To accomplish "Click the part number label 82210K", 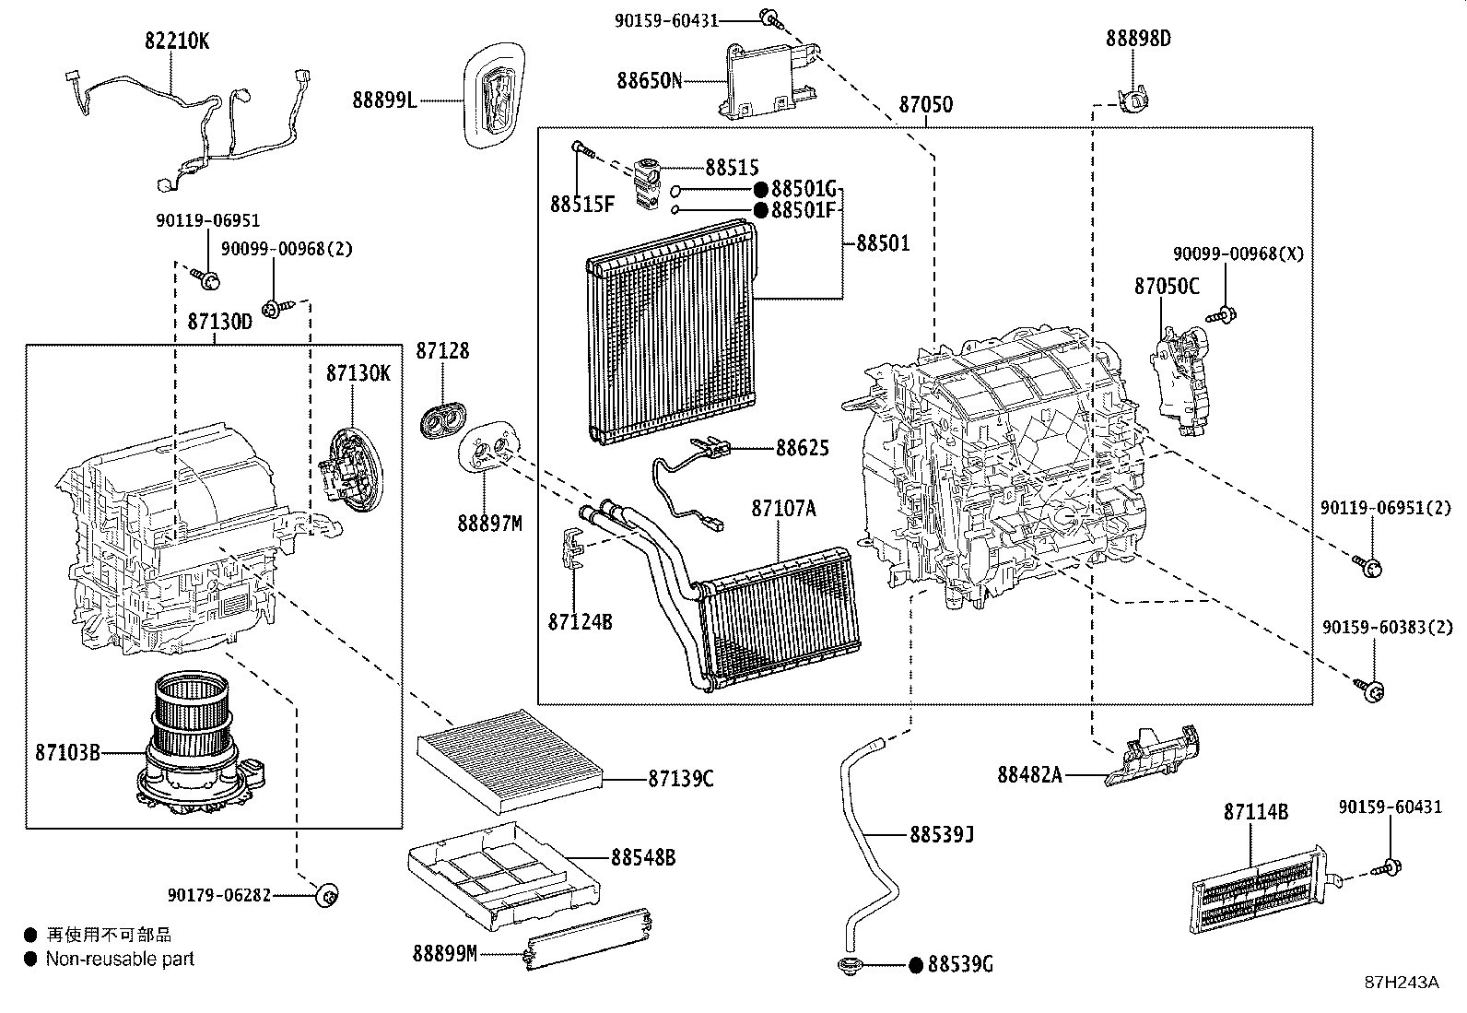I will point(177,41).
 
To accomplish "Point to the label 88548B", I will point(642,857).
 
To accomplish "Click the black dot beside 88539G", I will point(915,965).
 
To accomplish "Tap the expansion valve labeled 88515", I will point(648,182).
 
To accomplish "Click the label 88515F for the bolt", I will point(581,205).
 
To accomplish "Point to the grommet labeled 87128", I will point(442,418).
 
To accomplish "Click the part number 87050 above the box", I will point(926,105).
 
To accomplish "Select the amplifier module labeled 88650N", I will point(769,81).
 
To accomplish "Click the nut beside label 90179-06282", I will point(326,894).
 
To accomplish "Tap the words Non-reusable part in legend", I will point(121,959).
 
